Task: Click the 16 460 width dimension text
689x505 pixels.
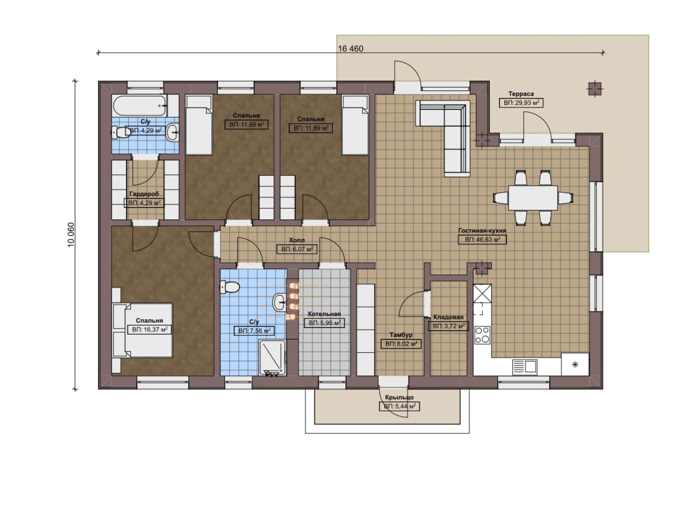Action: [x=350, y=49]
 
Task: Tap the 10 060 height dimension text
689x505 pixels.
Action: [x=71, y=234]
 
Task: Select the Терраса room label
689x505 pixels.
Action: [x=521, y=94]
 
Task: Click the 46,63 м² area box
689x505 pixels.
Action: [x=482, y=239]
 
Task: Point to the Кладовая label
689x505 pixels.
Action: [x=448, y=317]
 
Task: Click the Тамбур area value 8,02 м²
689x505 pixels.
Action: [x=401, y=344]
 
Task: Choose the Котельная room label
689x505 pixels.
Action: [x=324, y=314]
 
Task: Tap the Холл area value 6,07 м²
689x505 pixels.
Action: [x=297, y=249]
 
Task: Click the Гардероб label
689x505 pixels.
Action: [x=144, y=194]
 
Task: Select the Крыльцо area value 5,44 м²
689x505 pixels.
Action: [x=399, y=407]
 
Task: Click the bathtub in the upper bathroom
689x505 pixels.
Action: [x=140, y=106]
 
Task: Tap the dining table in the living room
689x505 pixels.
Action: [x=533, y=198]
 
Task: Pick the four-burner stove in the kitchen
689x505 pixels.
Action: [x=482, y=335]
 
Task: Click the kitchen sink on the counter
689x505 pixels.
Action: [x=525, y=367]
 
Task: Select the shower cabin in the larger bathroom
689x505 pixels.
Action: [x=272, y=357]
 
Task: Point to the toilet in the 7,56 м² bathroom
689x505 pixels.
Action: [x=229, y=287]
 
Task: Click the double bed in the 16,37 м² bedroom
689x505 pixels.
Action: [x=143, y=330]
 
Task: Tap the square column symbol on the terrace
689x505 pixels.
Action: [x=595, y=89]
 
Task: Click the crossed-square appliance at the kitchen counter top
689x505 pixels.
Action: [x=482, y=293]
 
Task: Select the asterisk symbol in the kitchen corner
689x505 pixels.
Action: [x=574, y=365]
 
